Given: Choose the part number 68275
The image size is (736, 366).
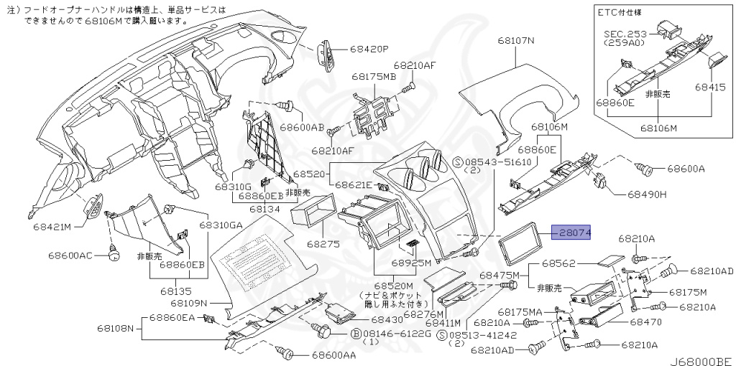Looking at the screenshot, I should pyautogui.click(x=323, y=244).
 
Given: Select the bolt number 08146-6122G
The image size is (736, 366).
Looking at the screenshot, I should pyautogui.click(x=389, y=334).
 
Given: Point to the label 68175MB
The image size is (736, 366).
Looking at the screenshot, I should pyautogui.click(x=373, y=76).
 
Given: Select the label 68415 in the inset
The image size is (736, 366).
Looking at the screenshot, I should pyautogui.click(x=709, y=86).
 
